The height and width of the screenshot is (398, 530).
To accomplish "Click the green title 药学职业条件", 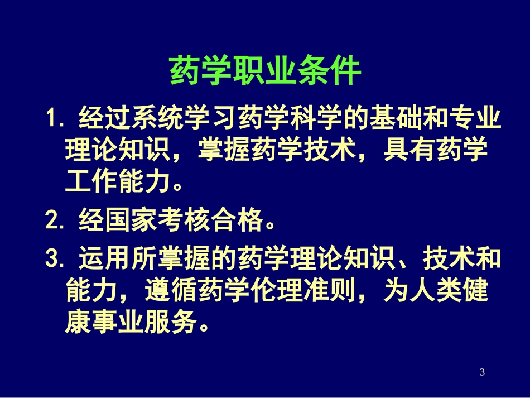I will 264,71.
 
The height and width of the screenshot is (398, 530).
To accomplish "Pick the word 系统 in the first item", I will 158,119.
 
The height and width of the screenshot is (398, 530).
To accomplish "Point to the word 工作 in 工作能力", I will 92,183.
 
